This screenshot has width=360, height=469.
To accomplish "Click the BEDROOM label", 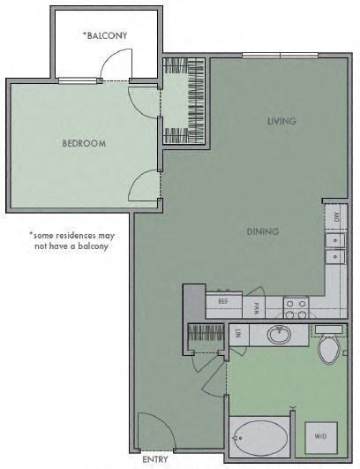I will pos(84,143).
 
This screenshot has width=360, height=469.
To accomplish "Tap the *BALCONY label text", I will pos(105,35).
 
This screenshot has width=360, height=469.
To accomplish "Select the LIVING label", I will pos(281,121).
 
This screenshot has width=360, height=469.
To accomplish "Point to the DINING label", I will pos(263,231).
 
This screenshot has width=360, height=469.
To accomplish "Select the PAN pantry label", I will pos(257,308).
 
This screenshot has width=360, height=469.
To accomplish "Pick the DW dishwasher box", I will pos(336,215).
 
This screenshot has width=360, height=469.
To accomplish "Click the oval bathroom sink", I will pos(280,335).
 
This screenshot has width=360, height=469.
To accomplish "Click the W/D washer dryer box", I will pos(320,436).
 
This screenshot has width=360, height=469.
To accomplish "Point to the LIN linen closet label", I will pos(239,335).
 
